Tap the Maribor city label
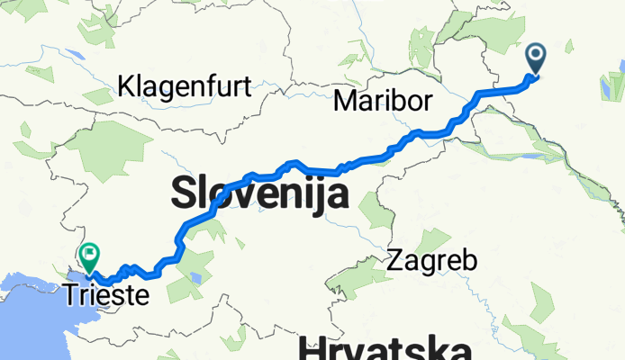tap(383, 99)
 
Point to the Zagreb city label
tap(432, 262)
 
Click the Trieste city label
tap(106, 292)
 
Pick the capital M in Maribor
tap(344, 99)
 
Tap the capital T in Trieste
tap(70, 292)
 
